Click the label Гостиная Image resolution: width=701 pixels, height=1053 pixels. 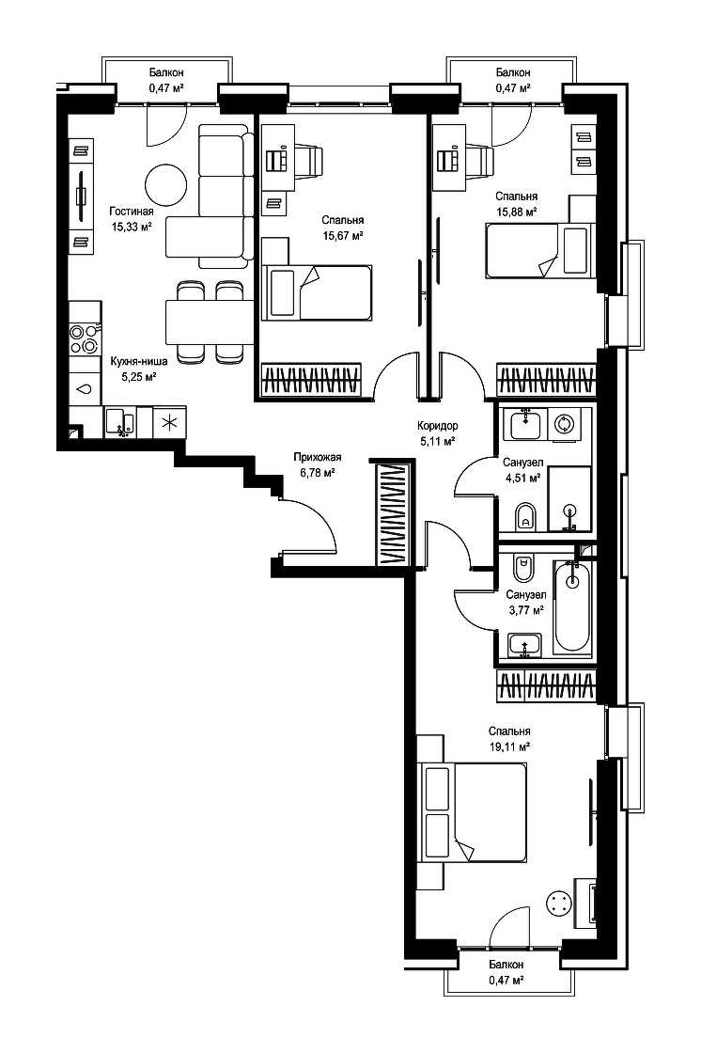click(131, 212)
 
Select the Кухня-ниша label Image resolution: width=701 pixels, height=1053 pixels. click(138, 361)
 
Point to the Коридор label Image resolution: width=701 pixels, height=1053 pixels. click(437, 425)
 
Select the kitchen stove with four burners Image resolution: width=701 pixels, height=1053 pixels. click(84, 338)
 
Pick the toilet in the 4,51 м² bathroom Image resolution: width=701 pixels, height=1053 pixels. click(525, 514)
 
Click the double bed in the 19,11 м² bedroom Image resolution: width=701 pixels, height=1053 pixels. click(475, 813)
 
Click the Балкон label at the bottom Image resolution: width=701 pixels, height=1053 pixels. click(506, 965)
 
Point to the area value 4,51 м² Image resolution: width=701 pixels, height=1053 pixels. click(523, 478)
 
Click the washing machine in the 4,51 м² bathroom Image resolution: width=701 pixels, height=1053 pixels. click(564, 424)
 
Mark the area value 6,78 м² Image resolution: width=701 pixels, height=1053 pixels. click(318, 472)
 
